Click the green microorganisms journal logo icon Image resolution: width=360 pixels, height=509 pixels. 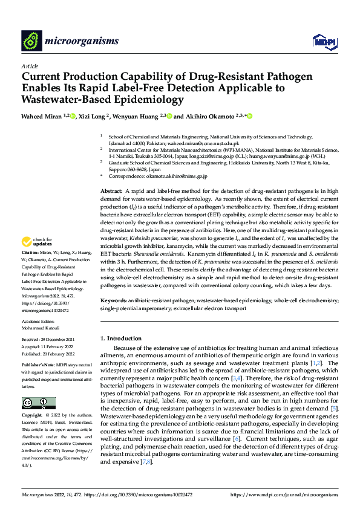(x=31, y=41)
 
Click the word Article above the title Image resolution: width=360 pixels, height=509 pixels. (x=30, y=66)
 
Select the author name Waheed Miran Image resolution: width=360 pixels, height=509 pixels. (x=41, y=116)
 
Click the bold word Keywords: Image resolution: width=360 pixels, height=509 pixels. (x=114, y=300)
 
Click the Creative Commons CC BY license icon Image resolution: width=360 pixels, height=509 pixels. (x=38, y=403)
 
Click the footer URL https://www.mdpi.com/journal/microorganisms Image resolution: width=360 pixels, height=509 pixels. (x=284, y=495)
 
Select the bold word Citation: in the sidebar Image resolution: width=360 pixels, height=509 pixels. (x=30, y=267)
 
